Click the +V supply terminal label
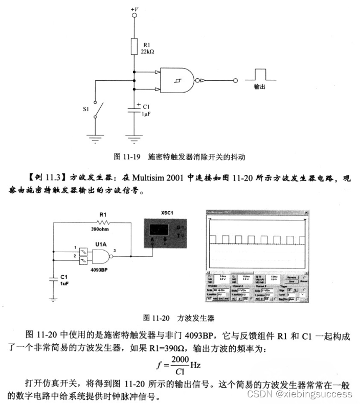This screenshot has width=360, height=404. coord(134,9)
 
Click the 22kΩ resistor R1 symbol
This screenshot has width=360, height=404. coord(134,46)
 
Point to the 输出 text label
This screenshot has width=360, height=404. coord(260,87)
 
